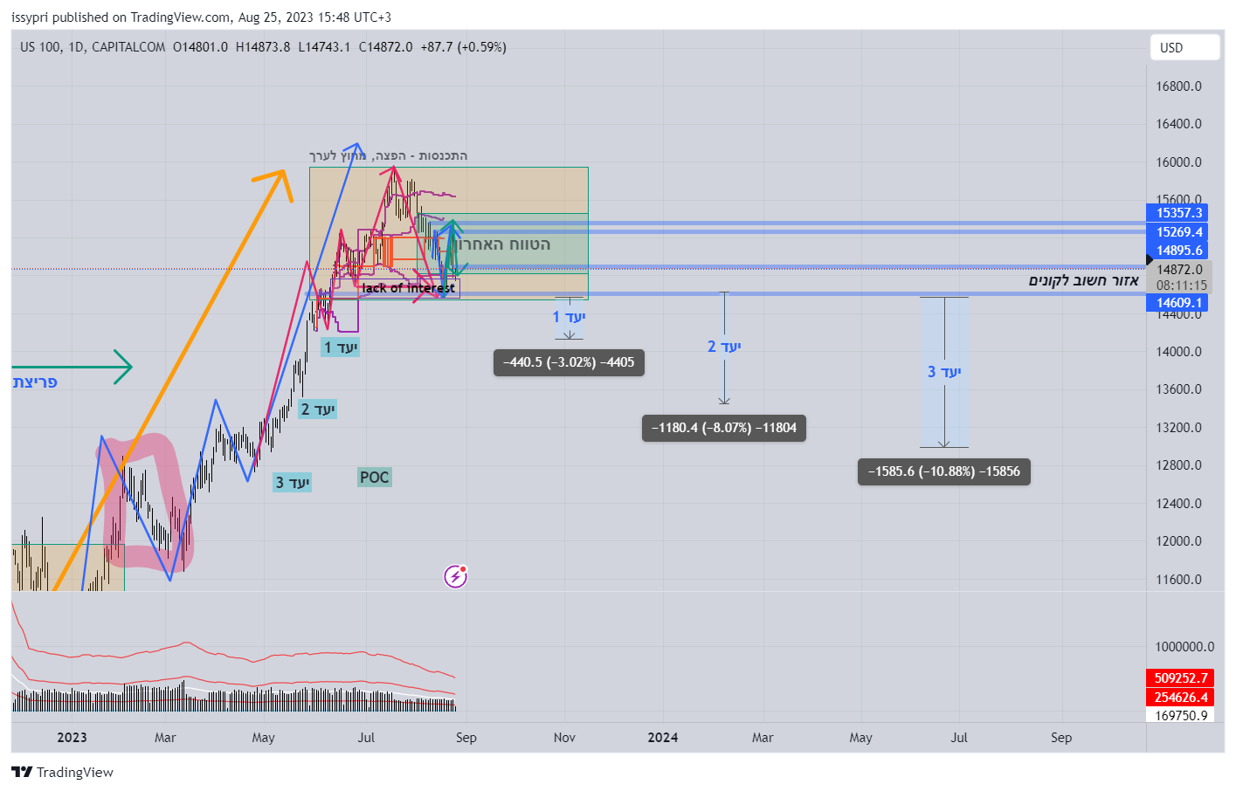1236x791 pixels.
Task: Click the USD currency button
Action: [x=1184, y=48]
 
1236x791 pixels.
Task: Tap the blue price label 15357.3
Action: [x=1178, y=213]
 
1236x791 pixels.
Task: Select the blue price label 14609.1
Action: [x=1178, y=303]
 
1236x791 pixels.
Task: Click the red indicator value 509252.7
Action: [x=1180, y=678]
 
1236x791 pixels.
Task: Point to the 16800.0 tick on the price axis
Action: [x=1178, y=86]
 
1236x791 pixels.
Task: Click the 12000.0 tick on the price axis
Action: [x=1178, y=541]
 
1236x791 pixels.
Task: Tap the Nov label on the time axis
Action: [x=564, y=738]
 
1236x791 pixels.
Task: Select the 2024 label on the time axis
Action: [x=662, y=738]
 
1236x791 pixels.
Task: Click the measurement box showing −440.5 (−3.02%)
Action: [x=569, y=362]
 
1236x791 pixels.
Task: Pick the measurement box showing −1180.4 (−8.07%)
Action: [x=723, y=428]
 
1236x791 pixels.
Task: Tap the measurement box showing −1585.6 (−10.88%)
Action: [x=943, y=471]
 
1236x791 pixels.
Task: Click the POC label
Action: [x=374, y=478]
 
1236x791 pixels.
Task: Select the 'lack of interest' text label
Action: [x=408, y=288]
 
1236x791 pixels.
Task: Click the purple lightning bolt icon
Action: [x=455, y=576]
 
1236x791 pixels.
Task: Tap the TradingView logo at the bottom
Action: [x=62, y=773]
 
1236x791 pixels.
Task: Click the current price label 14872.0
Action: [x=1178, y=270]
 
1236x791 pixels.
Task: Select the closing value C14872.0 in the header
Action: [x=385, y=47]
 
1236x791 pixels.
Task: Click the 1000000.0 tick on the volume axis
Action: [x=1184, y=647]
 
